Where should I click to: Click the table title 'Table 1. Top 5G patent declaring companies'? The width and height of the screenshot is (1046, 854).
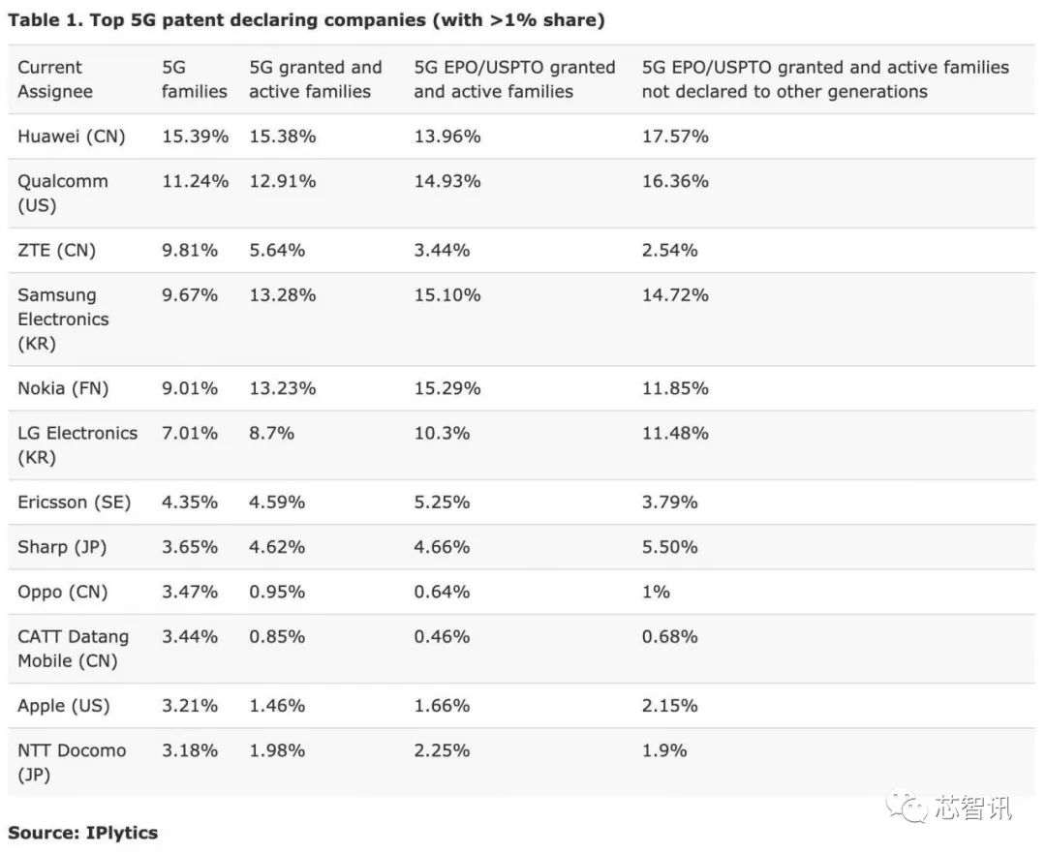[x=306, y=20]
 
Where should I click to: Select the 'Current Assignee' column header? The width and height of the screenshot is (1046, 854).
[x=55, y=79]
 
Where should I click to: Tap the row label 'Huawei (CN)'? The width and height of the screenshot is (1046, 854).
[x=72, y=137]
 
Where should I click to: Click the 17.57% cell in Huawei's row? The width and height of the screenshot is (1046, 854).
[x=675, y=137]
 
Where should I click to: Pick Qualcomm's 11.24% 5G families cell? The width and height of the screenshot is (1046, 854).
[x=195, y=181]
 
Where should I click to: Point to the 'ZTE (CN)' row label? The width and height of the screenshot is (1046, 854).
[x=57, y=250]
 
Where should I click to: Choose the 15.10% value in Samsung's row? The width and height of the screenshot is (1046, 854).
[x=447, y=294]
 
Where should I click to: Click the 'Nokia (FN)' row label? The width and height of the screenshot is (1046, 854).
[x=63, y=388]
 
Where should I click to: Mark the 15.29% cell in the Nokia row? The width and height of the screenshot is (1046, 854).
[x=447, y=388]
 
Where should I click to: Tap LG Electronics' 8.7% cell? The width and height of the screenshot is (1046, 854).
[x=272, y=433]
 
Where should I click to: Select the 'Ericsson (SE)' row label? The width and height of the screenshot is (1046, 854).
[x=74, y=502]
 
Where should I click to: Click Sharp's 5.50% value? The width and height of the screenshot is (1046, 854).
[x=669, y=546]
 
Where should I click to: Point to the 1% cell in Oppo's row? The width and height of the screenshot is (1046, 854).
[x=656, y=591]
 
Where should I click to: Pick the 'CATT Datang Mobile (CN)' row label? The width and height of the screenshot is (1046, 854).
[x=73, y=648]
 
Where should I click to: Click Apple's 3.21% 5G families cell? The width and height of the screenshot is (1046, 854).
[x=190, y=705]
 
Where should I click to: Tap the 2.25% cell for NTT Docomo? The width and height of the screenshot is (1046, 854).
[x=442, y=749]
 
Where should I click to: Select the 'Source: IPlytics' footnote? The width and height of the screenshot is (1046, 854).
[x=83, y=832]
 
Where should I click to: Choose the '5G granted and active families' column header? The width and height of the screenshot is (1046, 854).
[x=316, y=79]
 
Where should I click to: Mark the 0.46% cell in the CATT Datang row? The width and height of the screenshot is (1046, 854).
[x=442, y=636]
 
